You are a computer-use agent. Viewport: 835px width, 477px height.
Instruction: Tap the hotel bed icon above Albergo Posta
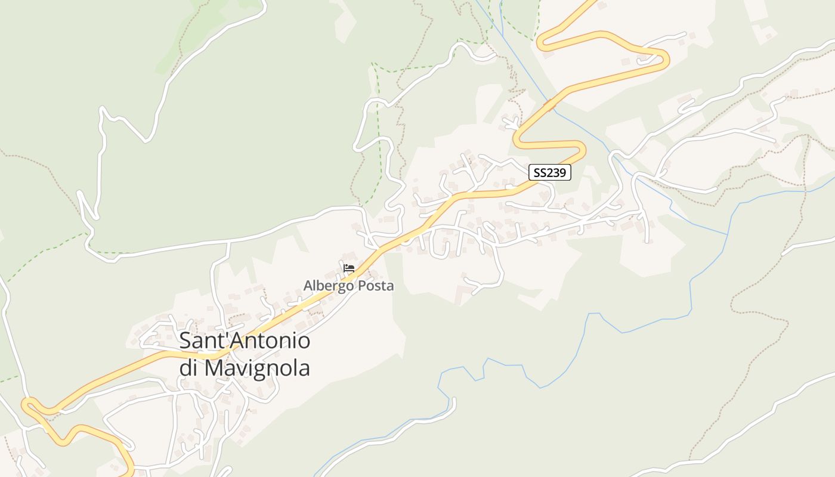coord(349,268)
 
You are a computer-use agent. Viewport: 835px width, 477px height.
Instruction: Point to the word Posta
coord(375,286)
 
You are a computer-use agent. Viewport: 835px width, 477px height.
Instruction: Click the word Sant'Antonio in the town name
coord(245,341)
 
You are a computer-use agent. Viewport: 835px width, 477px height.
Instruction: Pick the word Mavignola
coord(257,368)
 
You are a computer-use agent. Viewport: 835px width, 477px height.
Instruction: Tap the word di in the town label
coord(189,368)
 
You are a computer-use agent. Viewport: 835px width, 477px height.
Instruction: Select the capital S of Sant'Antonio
coord(185,341)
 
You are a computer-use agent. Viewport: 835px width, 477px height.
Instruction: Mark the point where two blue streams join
coord(726,234)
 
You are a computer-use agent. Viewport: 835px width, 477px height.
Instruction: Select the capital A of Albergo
coord(308,286)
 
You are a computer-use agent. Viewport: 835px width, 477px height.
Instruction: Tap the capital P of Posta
coord(362,286)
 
